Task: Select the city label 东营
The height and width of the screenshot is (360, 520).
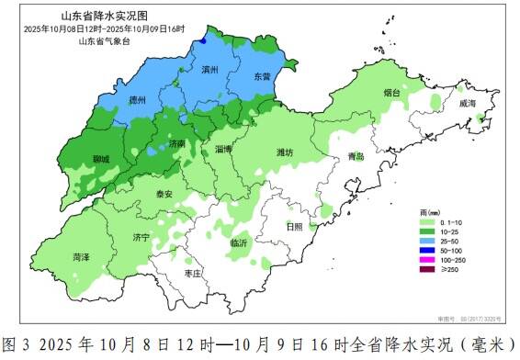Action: pyautogui.click(x=263, y=78)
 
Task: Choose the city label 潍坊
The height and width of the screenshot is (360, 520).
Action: pyautogui.click(x=286, y=152)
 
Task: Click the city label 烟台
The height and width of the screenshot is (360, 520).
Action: pyautogui.click(x=392, y=93)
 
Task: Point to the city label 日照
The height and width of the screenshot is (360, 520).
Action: pyautogui.click(x=294, y=225)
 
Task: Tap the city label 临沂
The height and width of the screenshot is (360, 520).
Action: pyautogui.click(x=238, y=242)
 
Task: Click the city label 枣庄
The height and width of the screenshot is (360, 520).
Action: pyautogui.click(x=193, y=274)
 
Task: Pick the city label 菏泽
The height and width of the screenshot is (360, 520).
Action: pyautogui.click(x=81, y=258)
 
